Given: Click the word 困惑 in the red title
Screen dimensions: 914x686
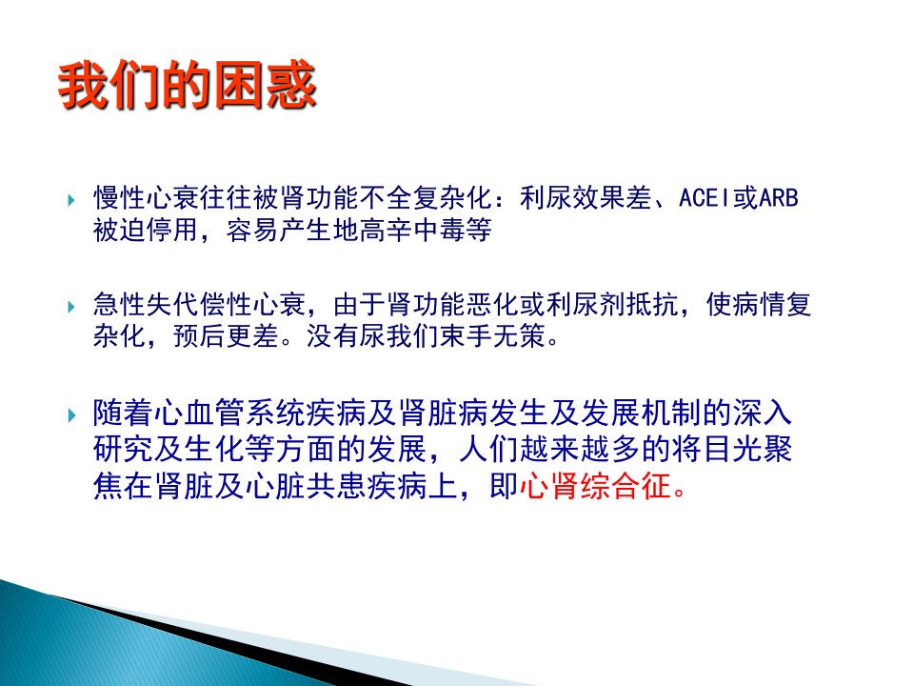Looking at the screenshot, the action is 266,86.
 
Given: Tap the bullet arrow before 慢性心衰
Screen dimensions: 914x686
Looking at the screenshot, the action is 71,200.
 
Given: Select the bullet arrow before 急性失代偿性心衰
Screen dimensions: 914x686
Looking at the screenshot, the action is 71,306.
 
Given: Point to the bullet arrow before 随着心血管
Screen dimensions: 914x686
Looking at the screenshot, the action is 71,415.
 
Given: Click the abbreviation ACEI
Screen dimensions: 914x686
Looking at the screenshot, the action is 705,198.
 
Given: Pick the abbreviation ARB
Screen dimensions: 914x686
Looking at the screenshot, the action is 778,198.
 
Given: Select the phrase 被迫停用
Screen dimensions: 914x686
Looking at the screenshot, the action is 146,230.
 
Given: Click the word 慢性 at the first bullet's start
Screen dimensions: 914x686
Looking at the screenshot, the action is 120,198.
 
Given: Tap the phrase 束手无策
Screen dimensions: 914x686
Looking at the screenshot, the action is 492,335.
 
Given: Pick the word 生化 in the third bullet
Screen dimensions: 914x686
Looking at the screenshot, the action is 214,449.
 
